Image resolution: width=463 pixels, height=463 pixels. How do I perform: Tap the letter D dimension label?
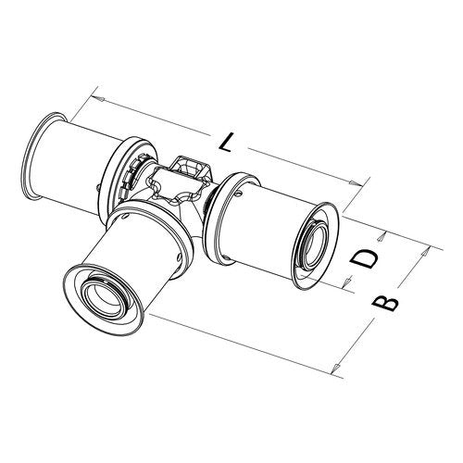click(364, 258)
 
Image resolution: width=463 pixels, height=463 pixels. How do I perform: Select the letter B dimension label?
click(385, 303)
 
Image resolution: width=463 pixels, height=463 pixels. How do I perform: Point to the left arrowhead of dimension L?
click(99, 99)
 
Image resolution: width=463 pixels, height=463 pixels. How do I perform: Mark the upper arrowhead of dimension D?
click(382, 237)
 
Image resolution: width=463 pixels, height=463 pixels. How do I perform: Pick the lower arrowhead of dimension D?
click(347, 281)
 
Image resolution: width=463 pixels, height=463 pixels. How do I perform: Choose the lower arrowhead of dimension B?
click(336, 369)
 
